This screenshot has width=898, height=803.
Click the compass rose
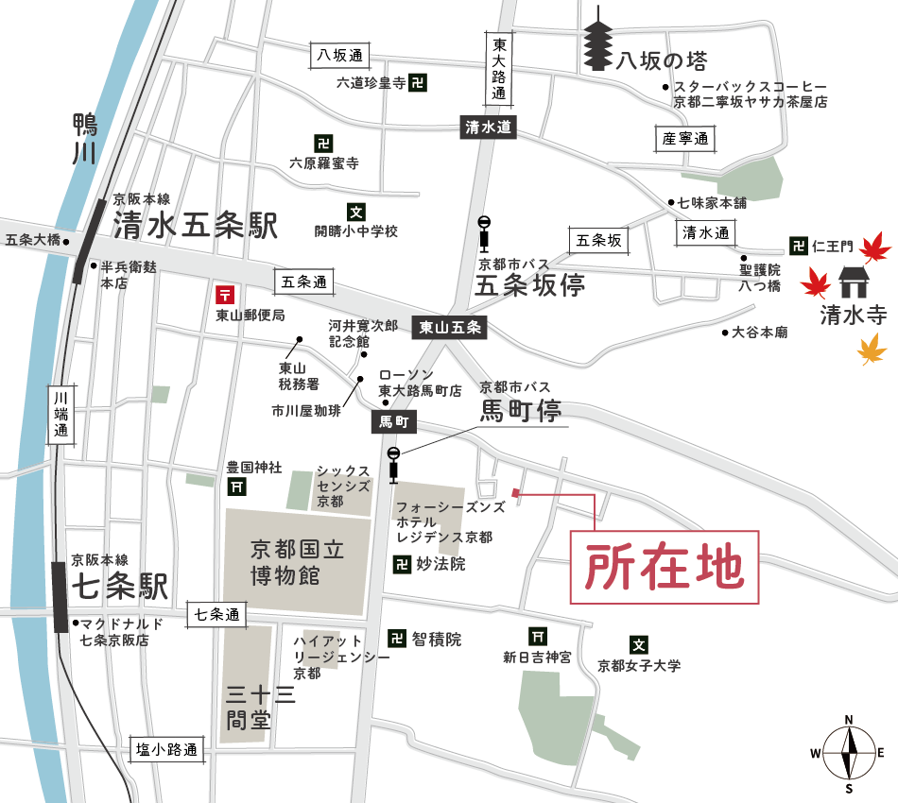pyautogui.click(x=849, y=753)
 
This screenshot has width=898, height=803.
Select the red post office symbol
pyautogui.click(x=225, y=295)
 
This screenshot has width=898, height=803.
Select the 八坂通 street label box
pyautogui.click(x=340, y=56)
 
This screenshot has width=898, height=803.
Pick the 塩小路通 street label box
pyautogui.click(x=166, y=750)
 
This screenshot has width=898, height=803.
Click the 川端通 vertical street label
pyautogui.click(x=61, y=414)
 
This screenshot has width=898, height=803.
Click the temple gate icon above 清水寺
pyautogui.click(x=855, y=282)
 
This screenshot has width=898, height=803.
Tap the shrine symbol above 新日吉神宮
pyautogui.click(x=538, y=637)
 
